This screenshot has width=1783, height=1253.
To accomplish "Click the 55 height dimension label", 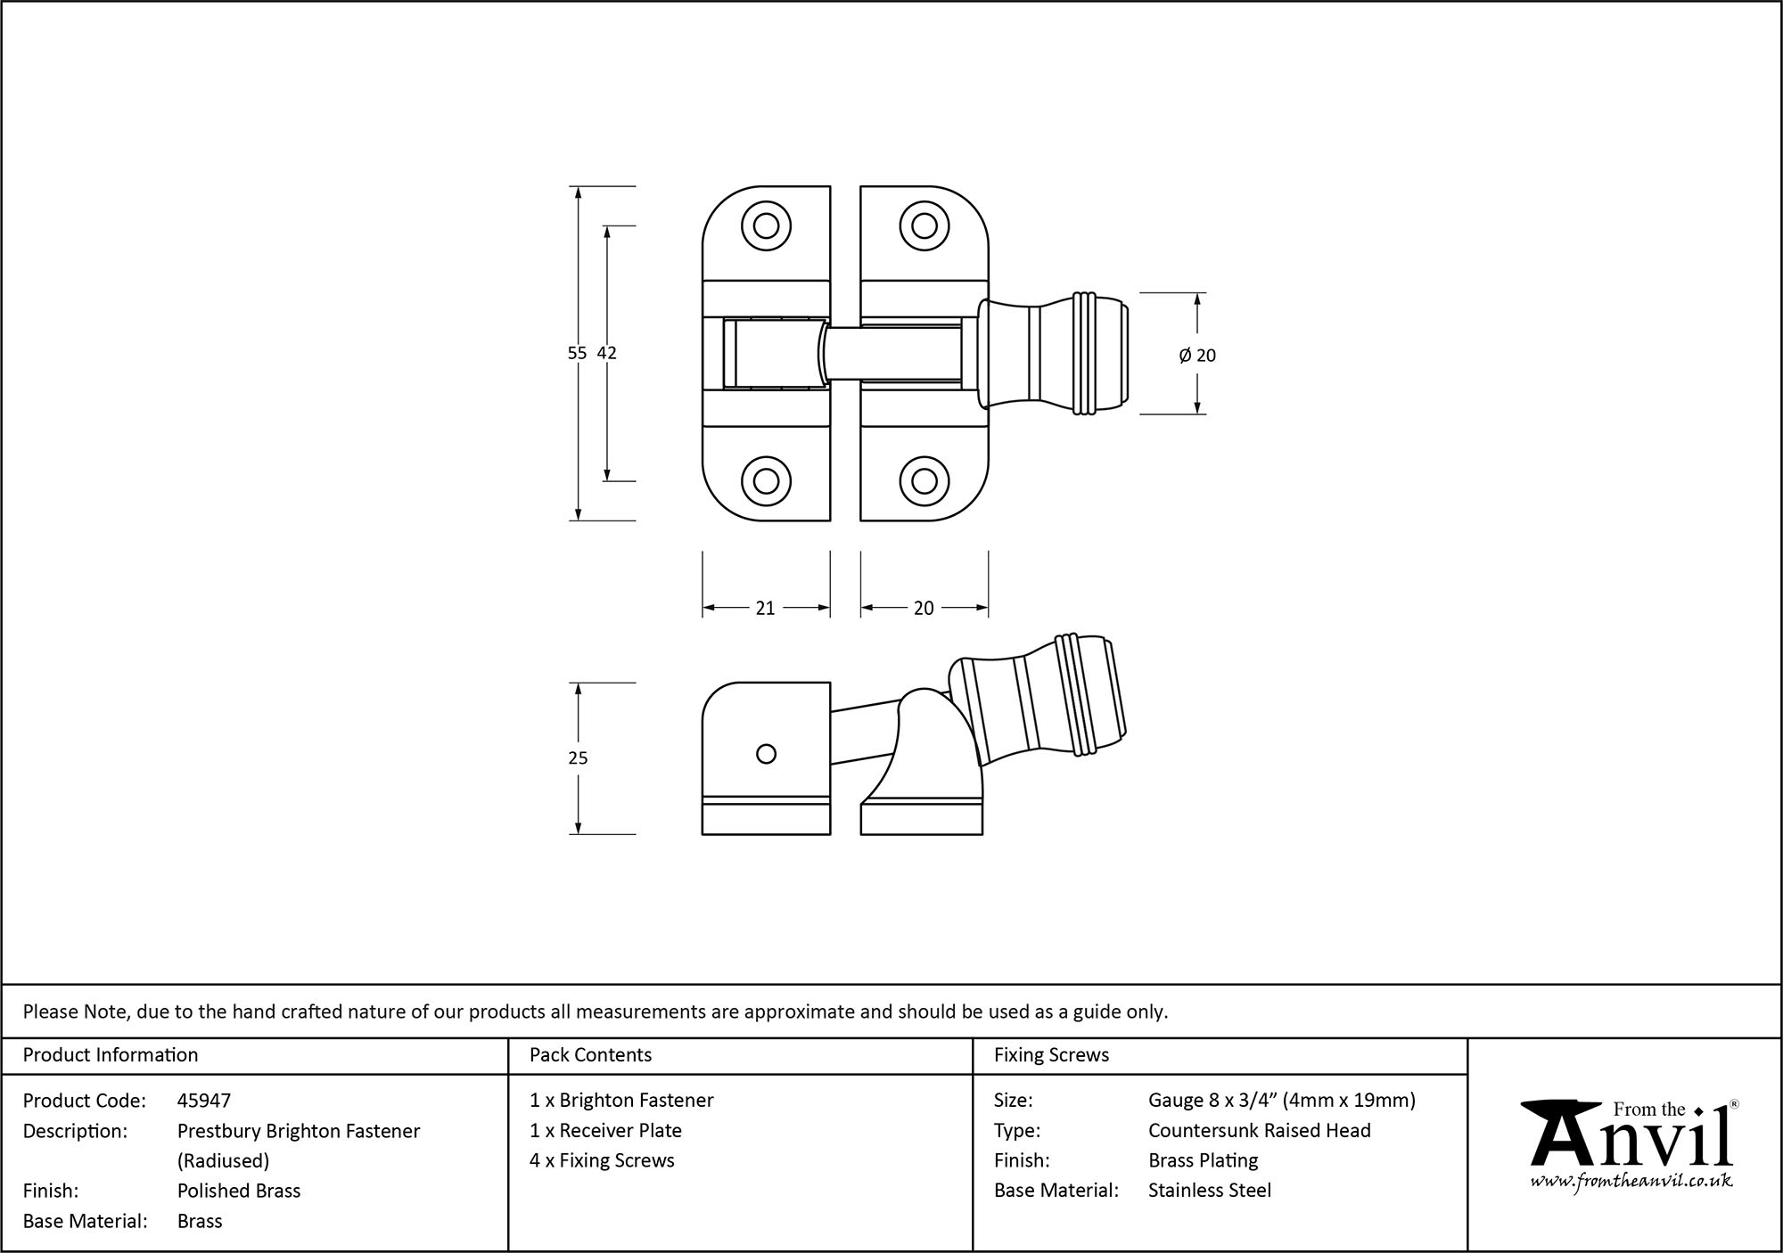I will [577, 353].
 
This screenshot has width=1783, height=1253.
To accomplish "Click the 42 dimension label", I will [607, 353].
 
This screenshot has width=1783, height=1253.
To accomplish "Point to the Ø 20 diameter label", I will [1197, 356].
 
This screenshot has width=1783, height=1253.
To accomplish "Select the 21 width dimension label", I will [765, 608].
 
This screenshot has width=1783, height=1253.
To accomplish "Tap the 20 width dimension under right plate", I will [924, 608].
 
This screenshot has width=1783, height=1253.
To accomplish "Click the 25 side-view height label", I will [578, 758].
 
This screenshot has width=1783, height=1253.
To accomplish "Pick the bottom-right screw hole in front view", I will [924, 481].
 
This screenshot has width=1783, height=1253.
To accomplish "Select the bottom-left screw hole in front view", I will [766, 481].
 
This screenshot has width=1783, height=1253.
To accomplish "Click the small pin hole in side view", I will [766, 754].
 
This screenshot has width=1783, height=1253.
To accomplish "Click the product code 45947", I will [204, 1101].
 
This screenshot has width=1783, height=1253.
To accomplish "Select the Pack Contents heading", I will [590, 1055].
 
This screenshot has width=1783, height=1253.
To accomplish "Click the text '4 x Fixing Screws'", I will [602, 1160].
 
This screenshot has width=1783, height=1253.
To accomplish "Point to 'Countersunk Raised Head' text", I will [1259, 1130].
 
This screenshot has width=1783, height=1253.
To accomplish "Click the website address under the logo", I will [1631, 1182].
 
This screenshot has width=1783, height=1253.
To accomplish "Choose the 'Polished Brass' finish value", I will [239, 1191].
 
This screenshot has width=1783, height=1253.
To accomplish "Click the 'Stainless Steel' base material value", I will [1209, 1190].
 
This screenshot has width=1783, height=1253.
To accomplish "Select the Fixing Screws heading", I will [1051, 1055].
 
